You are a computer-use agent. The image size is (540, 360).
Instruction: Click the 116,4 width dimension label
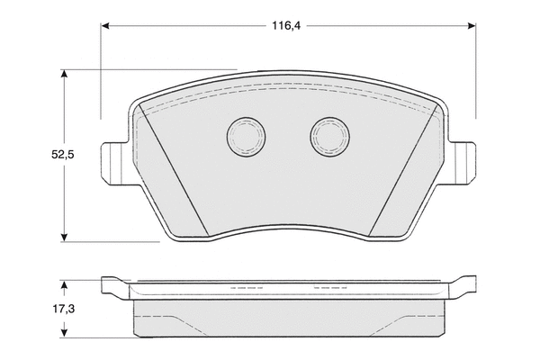pos(286,26)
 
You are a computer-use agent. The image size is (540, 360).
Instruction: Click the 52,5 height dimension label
pos(63,155)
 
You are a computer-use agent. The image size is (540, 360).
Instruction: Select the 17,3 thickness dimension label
pos(63,309)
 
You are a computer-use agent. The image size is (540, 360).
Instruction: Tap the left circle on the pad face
pos(246,137)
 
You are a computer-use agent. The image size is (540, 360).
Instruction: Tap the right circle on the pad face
pos(329,137)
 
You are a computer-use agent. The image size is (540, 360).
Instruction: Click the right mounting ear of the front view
pos(462,164)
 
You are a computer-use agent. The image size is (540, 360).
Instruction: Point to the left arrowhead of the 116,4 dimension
pos(105,26)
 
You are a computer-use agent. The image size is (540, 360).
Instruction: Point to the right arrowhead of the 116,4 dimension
pos(472,26)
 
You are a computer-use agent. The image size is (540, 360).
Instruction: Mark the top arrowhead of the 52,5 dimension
pos(64,74)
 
